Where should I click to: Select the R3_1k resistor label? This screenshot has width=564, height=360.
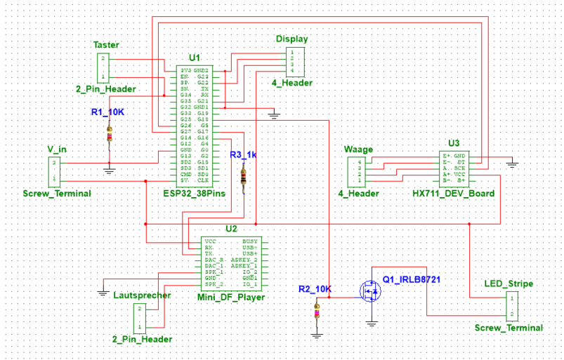(244, 154)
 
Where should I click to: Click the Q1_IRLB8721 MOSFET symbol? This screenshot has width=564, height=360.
(369, 290)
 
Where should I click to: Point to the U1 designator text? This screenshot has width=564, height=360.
(195, 57)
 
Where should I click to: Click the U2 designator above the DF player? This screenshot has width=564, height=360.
(231, 228)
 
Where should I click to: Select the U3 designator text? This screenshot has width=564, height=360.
(453, 142)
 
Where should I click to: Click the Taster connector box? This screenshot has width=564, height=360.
(103, 67)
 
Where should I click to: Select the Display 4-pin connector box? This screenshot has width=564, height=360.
(294, 62)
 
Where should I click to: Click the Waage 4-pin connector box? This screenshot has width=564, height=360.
(355, 173)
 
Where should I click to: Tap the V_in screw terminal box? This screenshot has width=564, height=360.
(54, 172)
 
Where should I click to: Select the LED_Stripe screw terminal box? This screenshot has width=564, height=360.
(512, 305)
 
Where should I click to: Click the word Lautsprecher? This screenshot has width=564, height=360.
(142, 295)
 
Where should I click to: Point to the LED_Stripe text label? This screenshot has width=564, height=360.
(509, 284)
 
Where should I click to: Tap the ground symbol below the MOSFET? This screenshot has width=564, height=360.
(372, 323)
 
